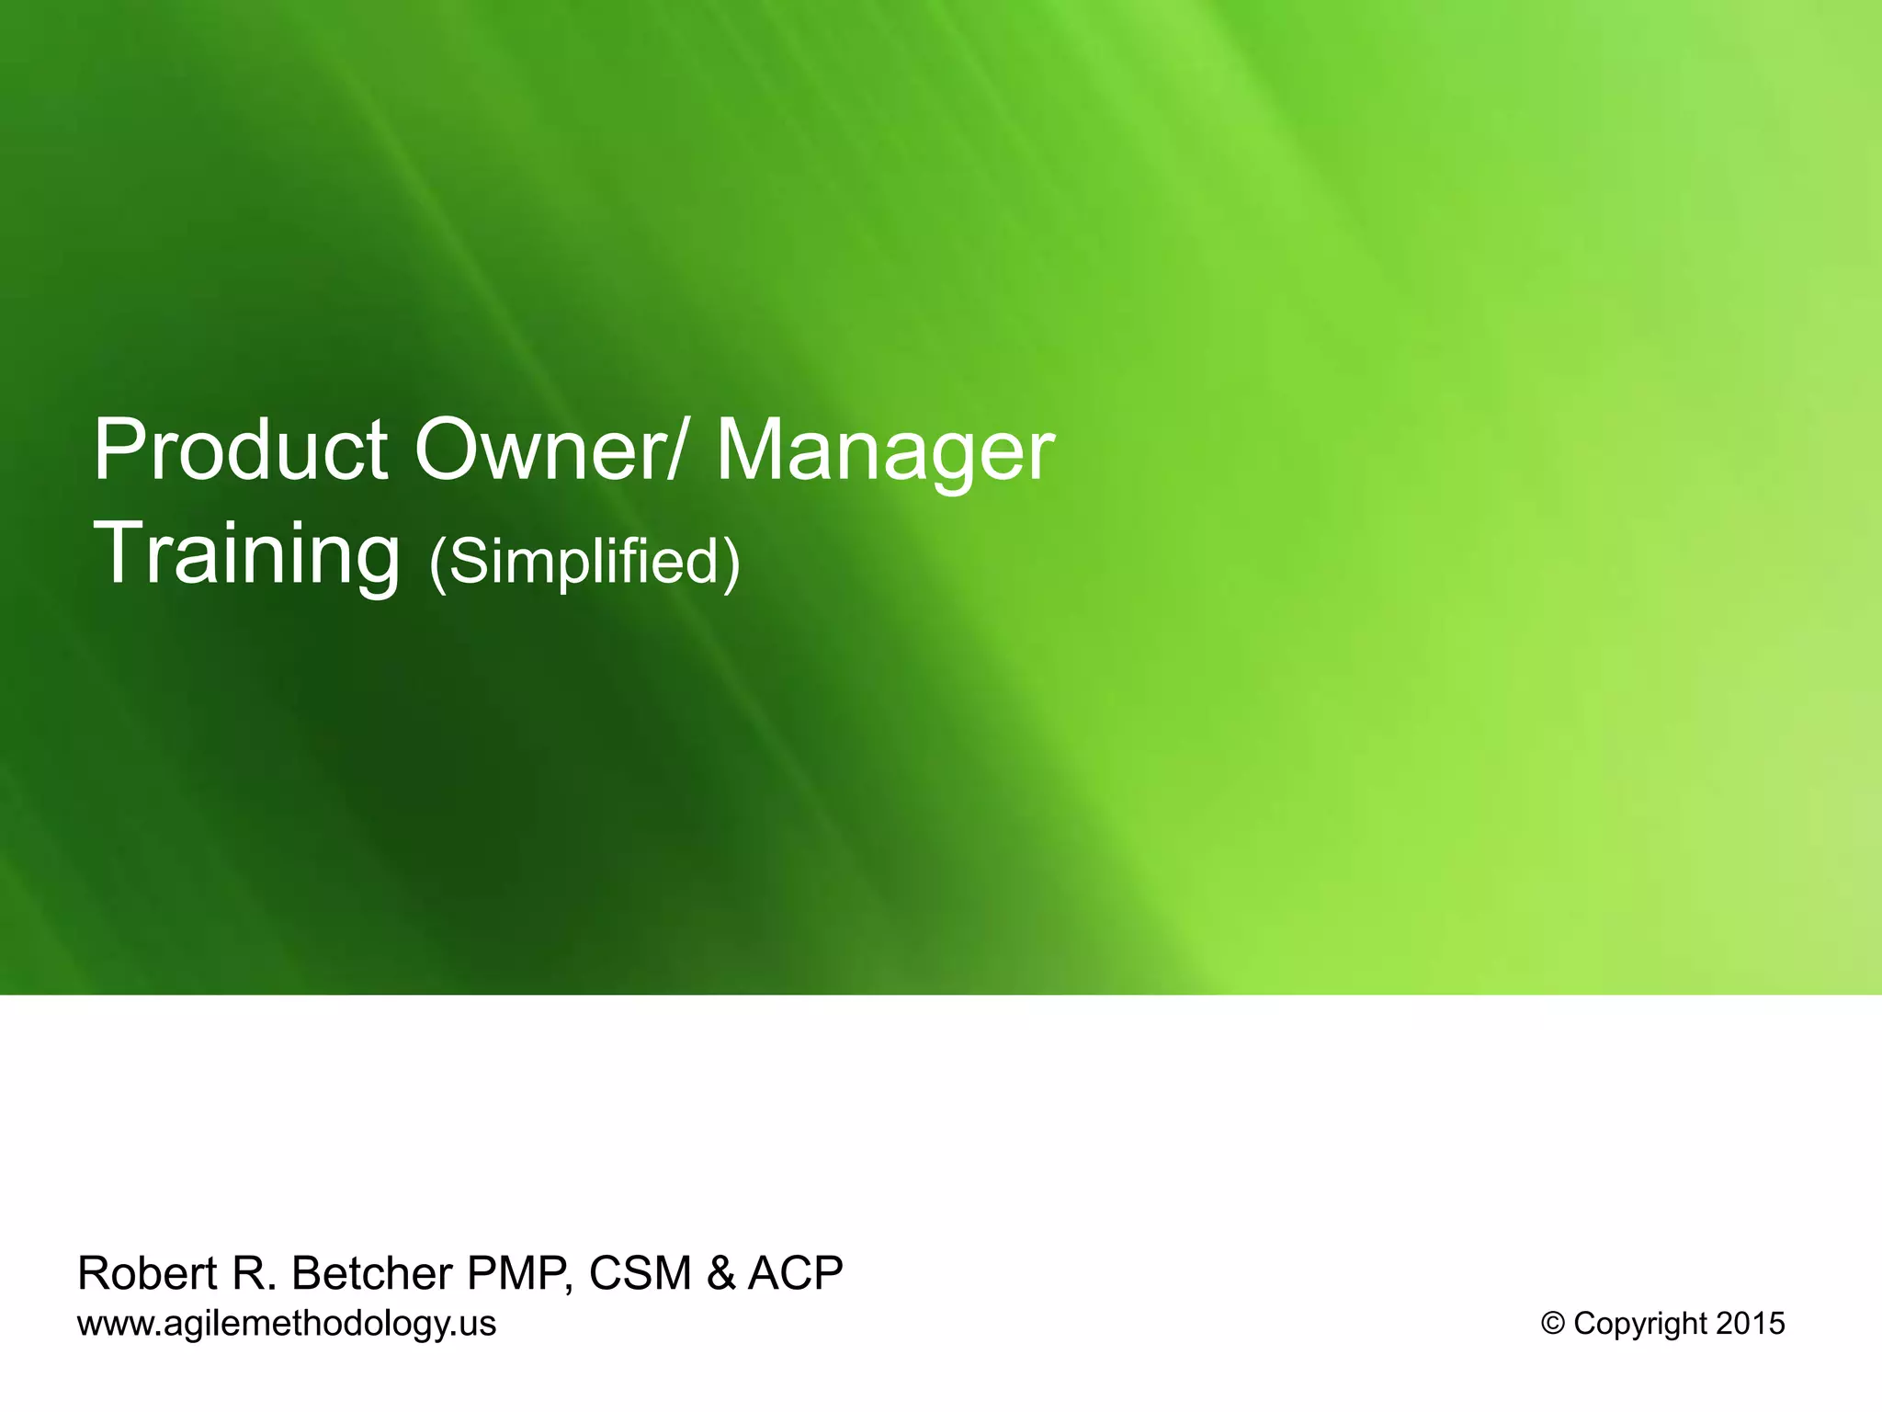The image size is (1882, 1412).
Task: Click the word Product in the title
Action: point(240,451)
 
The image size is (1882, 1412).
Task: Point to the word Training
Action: point(246,555)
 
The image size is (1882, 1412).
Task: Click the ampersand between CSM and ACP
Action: point(720,1273)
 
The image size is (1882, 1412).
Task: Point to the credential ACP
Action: point(795,1273)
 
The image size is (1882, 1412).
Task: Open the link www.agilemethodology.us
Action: point(287,1324)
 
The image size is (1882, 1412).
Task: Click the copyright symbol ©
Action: point(1553,1324)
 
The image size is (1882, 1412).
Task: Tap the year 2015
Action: point(1750,1324)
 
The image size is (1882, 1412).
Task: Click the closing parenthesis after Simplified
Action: point(731,563)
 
